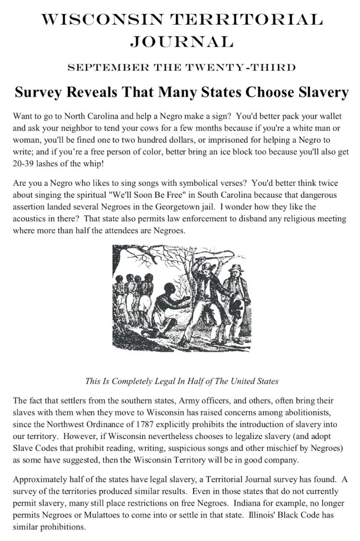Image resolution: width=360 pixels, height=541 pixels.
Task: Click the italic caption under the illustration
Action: point(182,381)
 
